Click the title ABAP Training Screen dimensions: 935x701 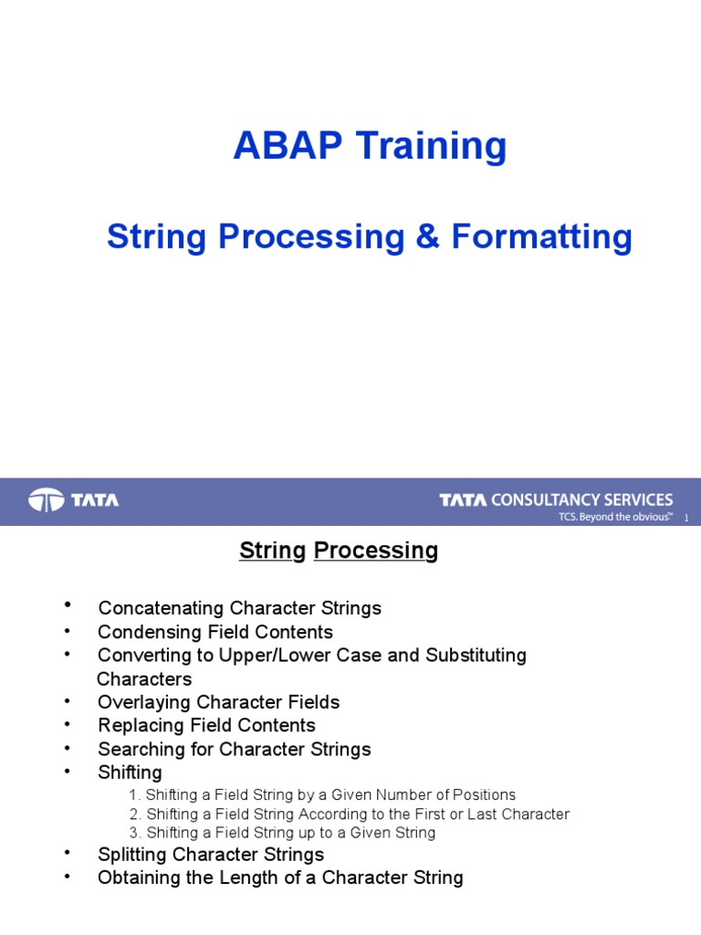(370, 146)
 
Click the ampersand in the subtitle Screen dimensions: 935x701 (427, 237)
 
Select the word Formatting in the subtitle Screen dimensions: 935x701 (541, 237)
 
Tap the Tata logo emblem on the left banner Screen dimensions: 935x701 (46, 500)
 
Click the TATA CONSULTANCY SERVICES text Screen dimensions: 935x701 (556, 499)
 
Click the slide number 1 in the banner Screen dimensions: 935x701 (685, 519)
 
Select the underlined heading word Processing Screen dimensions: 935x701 (375, 551)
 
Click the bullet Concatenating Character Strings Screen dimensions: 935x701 (239, 608)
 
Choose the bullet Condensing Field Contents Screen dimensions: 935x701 (215, 632)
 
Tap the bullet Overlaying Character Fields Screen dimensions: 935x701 (218, 702)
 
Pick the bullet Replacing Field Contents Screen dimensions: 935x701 (206, 726)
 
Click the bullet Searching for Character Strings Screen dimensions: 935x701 (234, 750)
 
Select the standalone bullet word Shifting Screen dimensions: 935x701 (130, 772)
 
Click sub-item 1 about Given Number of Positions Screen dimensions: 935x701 (322, 795)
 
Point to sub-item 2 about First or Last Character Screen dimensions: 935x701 (349, 814)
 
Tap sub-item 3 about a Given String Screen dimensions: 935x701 (282, 833)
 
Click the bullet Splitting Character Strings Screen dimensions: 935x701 (211, 855)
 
